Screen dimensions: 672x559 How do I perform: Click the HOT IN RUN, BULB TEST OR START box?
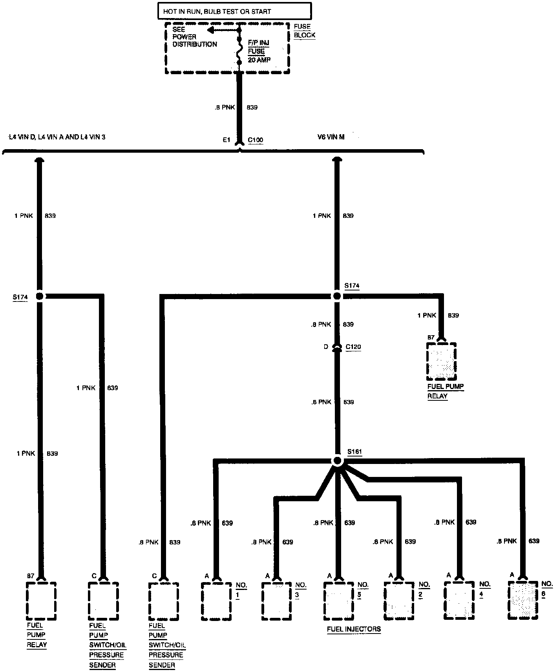234,11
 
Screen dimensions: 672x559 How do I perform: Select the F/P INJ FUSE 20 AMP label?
259,51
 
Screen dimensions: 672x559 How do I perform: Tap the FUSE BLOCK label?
304,31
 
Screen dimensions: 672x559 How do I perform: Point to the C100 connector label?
256,140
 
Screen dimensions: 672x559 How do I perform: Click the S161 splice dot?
337,461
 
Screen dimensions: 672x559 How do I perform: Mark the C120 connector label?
353,347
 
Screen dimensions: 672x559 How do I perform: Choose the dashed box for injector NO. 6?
523,600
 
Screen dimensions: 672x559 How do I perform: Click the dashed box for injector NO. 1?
216,601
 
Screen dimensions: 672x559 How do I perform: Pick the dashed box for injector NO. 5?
339,601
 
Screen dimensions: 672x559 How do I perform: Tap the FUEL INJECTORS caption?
354,629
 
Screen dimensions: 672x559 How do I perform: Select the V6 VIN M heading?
331,137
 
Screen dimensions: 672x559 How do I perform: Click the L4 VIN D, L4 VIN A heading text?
57,137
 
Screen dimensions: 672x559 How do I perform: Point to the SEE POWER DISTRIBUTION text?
194,37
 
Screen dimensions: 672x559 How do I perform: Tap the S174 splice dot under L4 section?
39,296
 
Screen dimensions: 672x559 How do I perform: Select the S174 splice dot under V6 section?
336,296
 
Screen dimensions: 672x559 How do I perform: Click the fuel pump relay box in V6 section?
442,361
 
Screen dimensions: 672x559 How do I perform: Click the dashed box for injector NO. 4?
460,601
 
